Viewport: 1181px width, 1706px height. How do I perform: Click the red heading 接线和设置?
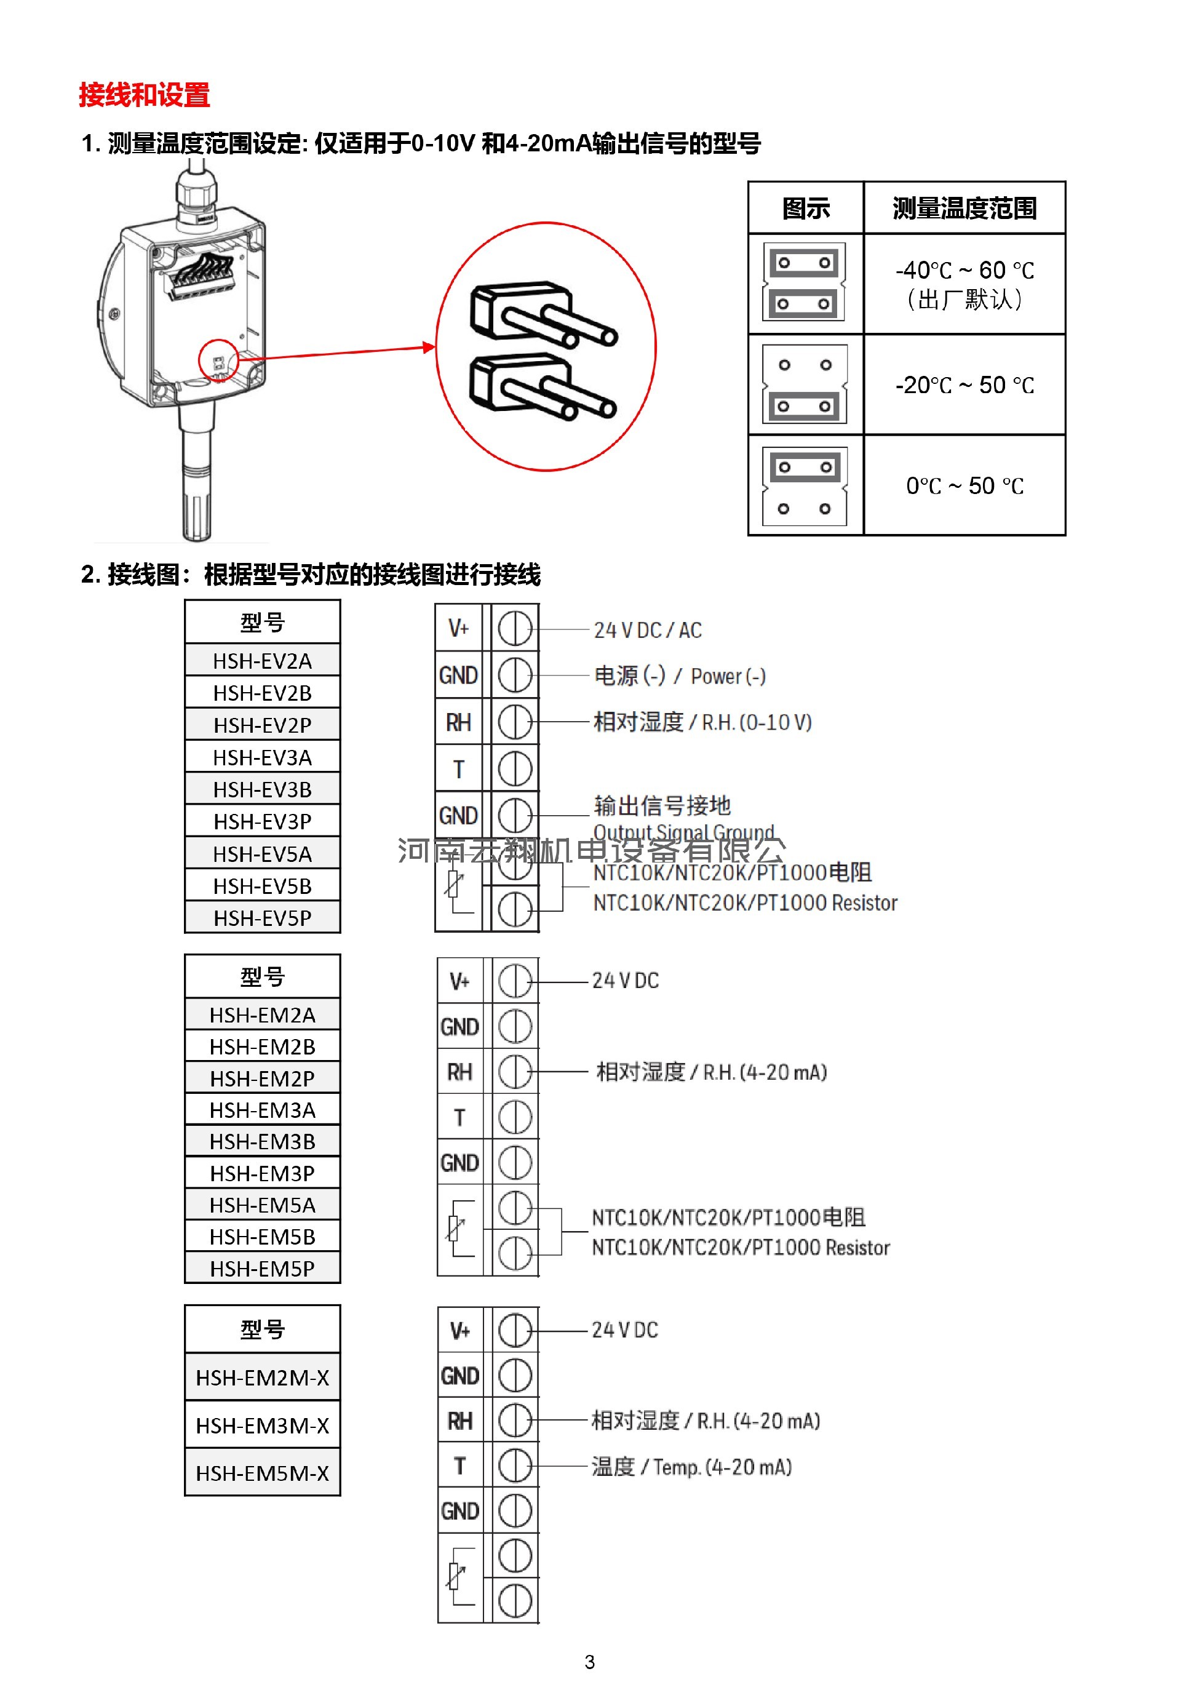tap(145, 95)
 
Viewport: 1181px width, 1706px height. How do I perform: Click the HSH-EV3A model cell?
tap(262, 757)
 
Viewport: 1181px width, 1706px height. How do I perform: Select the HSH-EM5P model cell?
tap(262, 1268)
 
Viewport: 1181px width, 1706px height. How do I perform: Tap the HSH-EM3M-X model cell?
tap(262, 1425)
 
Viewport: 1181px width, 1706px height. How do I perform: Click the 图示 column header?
tap(805, 208)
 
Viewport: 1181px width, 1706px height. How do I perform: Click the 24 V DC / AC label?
tap(648, 630)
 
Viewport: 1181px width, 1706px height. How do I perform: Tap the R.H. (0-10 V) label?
tap(756, 722)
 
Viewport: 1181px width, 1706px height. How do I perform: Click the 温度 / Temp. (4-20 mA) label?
tap(691, 1466)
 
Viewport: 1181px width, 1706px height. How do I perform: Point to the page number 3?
tap(589, 1662)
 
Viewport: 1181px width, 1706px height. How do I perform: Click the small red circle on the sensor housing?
tap(218, 361)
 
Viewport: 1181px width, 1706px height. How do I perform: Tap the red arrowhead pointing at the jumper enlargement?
tap(429, 347)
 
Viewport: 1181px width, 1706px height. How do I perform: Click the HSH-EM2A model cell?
tap(262, 1014)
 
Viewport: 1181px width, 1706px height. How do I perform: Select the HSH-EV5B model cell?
tap(262, 885)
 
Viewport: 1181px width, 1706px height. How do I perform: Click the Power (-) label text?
tap(728, 676)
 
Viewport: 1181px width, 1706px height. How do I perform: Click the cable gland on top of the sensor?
tap(196, 196)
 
